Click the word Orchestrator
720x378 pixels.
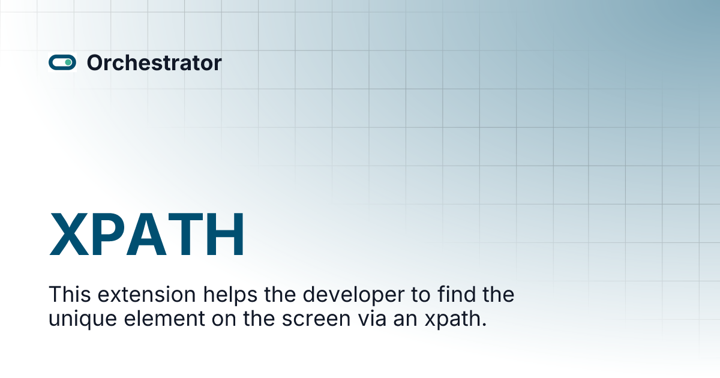(x=154, y=62)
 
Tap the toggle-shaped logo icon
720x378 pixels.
(x=62, y=62)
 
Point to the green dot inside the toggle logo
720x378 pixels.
(x=68, y=62)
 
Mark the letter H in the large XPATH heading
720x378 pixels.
(x=225, y=234)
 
